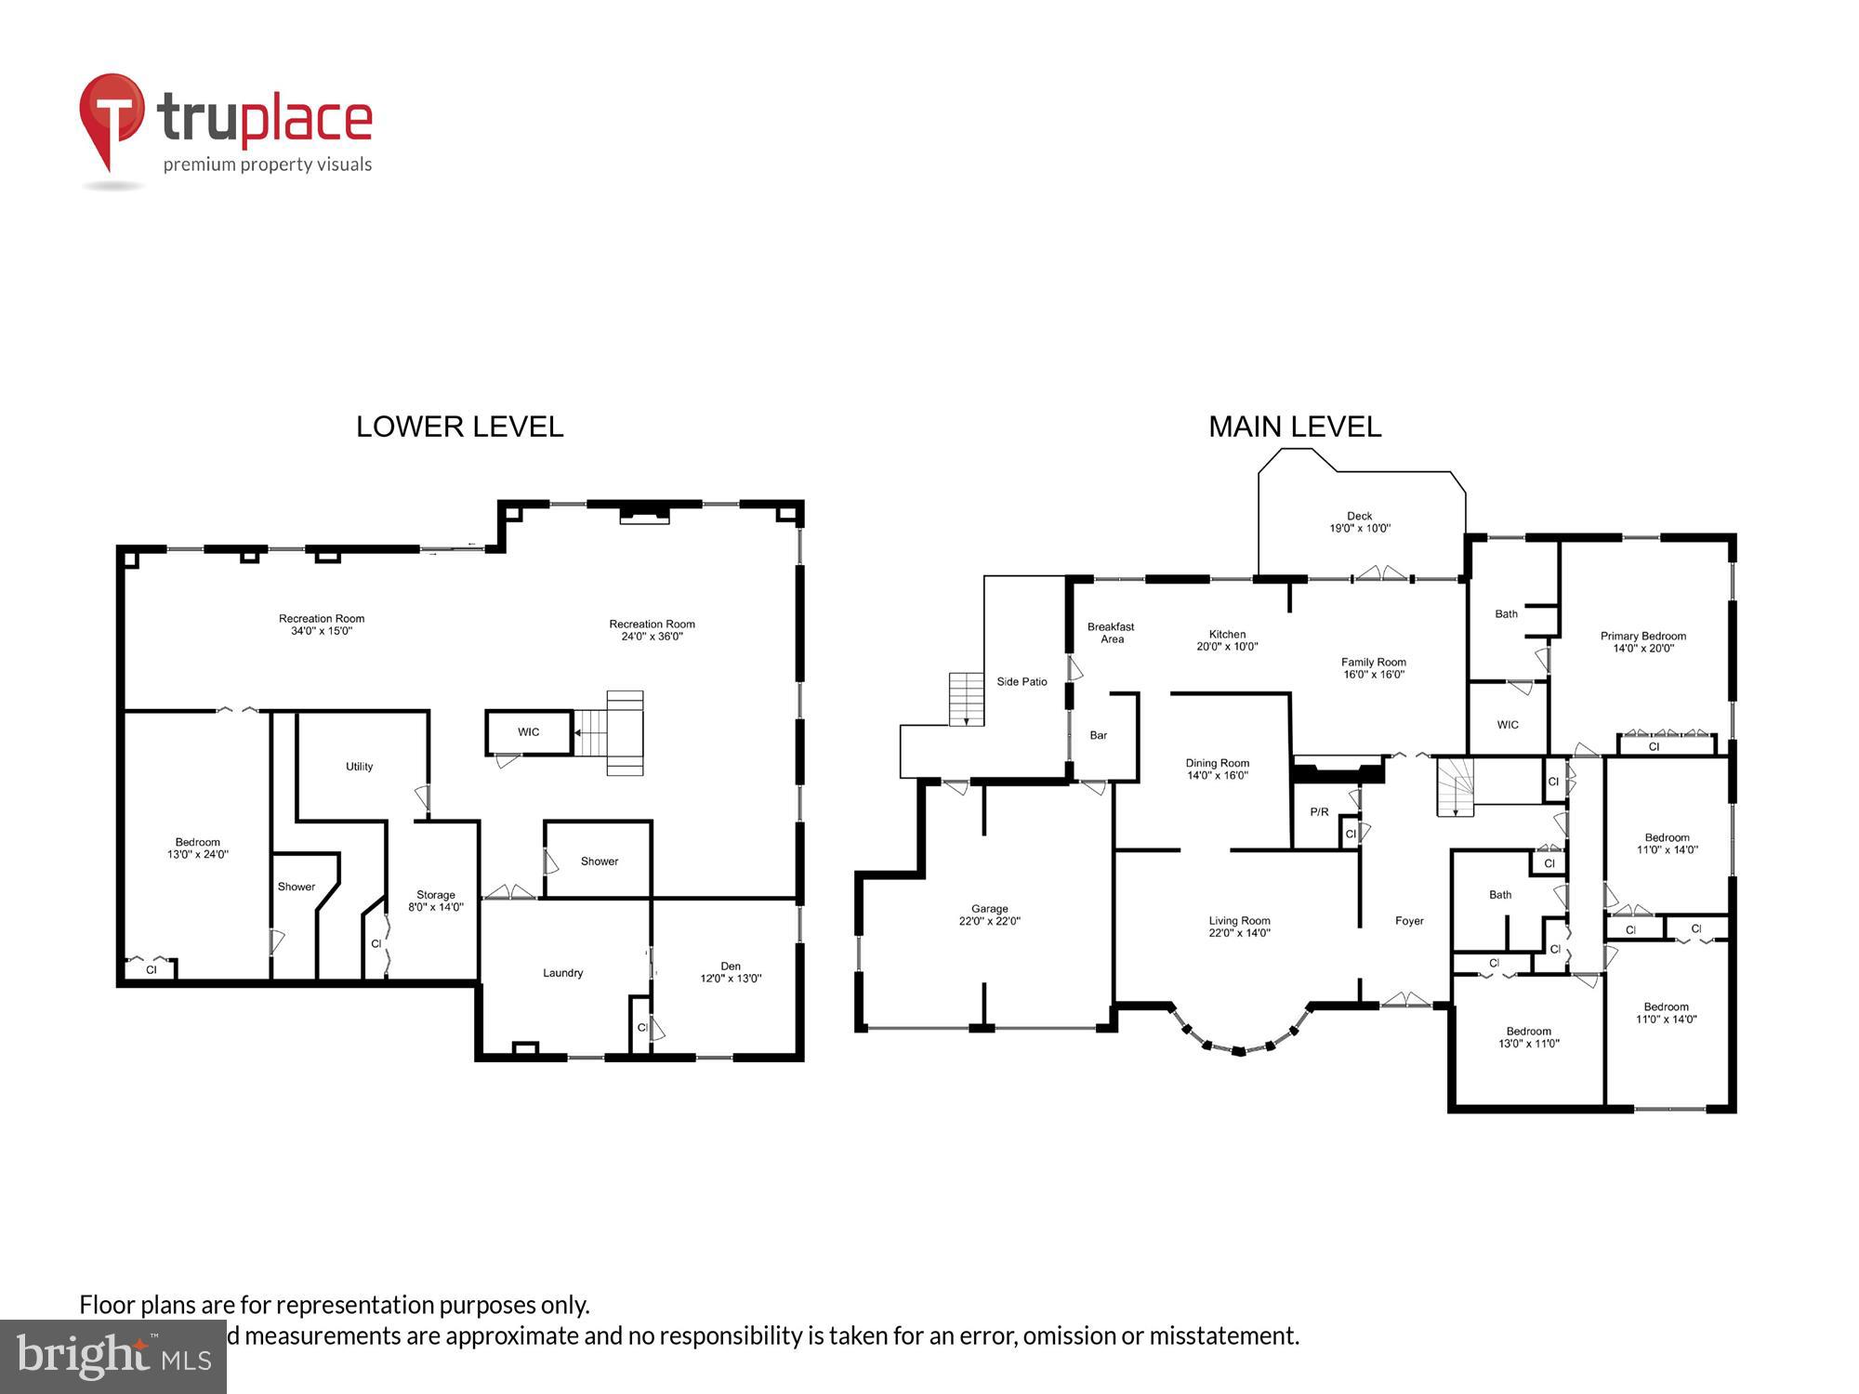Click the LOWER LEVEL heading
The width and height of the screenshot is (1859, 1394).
459,427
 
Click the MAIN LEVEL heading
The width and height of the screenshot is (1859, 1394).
1294,427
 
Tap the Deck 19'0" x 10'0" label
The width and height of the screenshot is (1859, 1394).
1359,522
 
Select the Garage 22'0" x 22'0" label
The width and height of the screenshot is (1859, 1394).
989,915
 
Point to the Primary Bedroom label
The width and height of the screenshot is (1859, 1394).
1642,642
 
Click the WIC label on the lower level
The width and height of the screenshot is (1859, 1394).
528,732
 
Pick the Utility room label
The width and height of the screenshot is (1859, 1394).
359,767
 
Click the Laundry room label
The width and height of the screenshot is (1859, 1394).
562,973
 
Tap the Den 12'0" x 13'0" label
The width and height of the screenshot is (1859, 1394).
731,972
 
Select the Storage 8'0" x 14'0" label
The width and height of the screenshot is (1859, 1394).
435,901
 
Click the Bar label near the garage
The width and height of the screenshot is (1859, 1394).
1098,735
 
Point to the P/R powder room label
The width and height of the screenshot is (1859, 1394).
1319,812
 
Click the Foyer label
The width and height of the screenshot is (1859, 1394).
1409,921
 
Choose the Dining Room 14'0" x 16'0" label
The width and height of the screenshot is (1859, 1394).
1217,769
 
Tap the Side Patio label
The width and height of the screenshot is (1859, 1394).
1022,682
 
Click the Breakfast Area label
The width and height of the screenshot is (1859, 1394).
1111,633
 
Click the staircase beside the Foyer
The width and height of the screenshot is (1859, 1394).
1456,786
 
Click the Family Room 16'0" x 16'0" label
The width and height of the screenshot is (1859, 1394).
1373,668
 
